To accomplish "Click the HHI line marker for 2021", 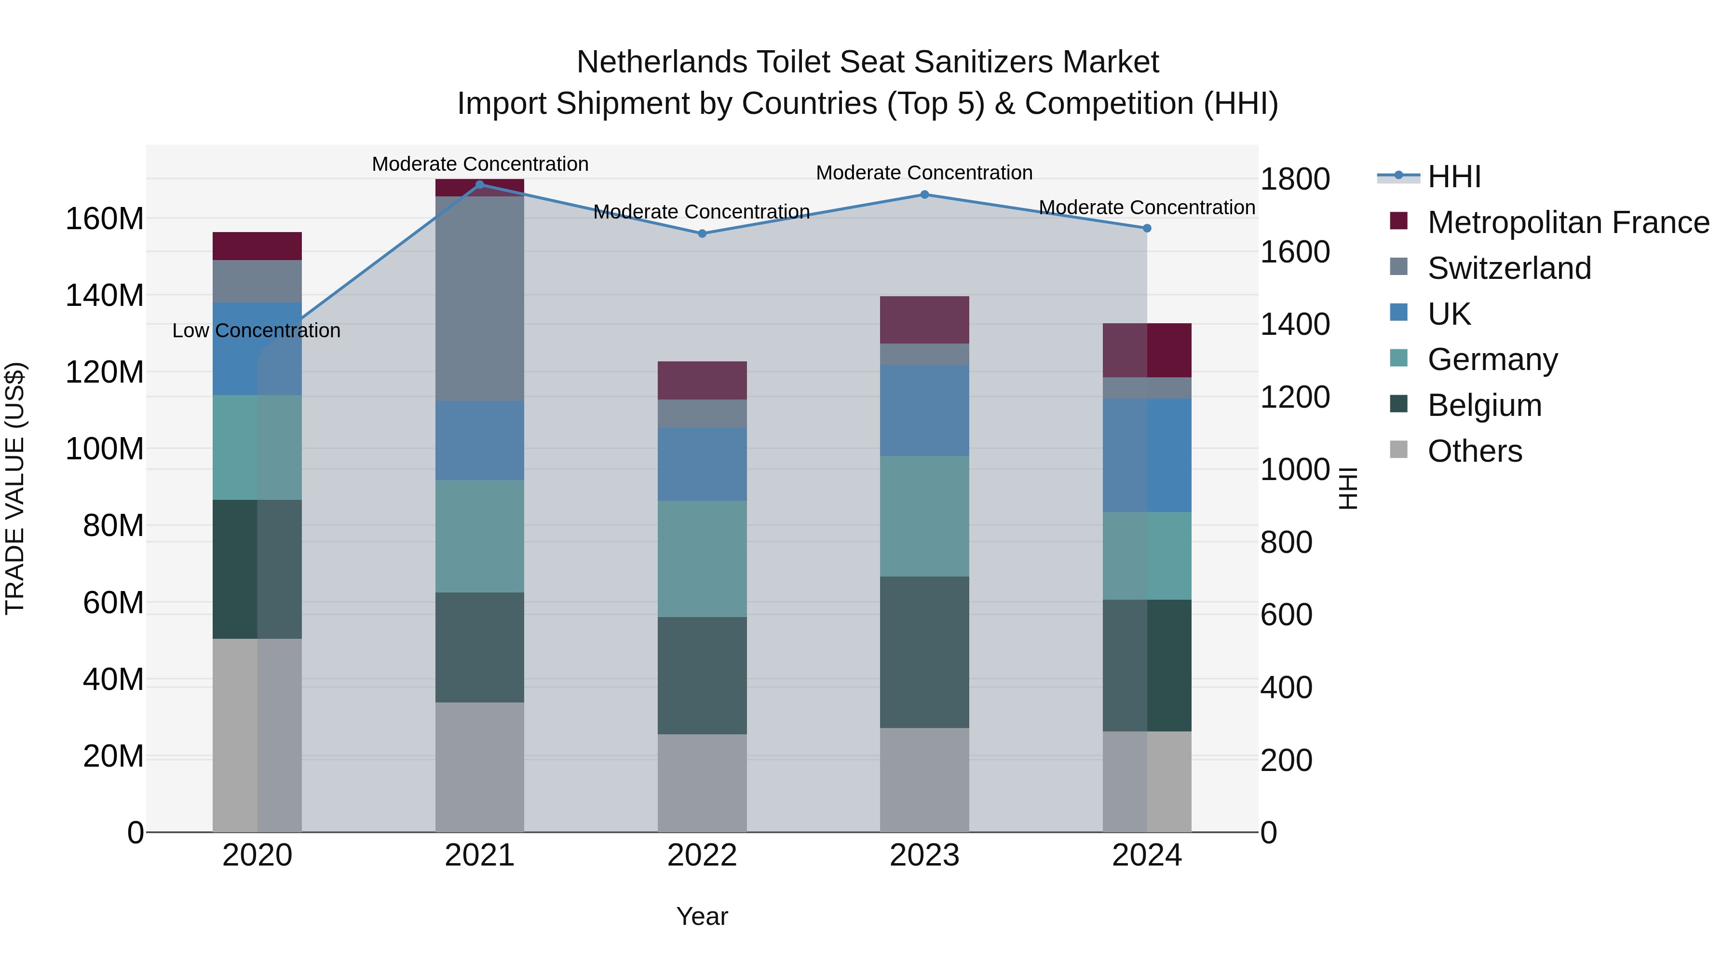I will [480, 184].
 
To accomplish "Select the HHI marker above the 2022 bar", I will [702, 234].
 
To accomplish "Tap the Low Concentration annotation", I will [256, 330].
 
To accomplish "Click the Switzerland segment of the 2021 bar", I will [480, 298].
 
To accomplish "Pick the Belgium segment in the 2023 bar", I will [924, 651].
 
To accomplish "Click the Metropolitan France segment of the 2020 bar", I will [257, 246].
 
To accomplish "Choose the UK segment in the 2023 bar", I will [924, 410].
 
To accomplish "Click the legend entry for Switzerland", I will [1509, 268].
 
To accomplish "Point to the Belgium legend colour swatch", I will [1398, 404].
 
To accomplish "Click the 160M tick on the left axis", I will [105, 219].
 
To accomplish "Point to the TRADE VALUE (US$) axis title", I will [15, 488].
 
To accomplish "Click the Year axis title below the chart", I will [702, 916].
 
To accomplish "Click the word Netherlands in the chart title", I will [662, 62].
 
